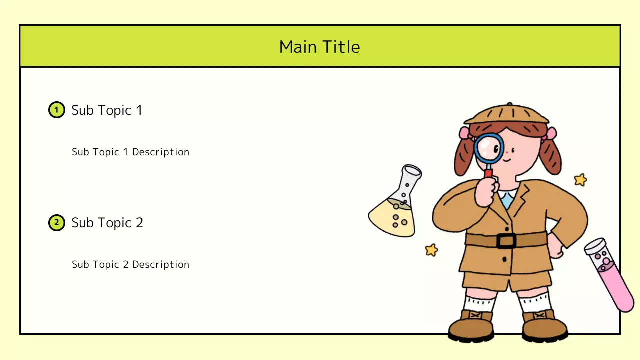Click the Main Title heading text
(319, 47)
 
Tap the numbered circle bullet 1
(56, 110)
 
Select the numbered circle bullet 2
(56, 222)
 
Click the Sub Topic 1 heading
(107, 110)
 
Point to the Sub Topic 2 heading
(107, 222)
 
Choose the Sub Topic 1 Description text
(130, 152)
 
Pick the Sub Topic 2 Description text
(130, 264)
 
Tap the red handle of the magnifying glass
(488, 173)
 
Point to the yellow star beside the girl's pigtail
(580, 179)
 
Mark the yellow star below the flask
(431, 250)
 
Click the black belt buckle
(506, 241)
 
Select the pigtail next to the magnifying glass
(464, 155)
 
